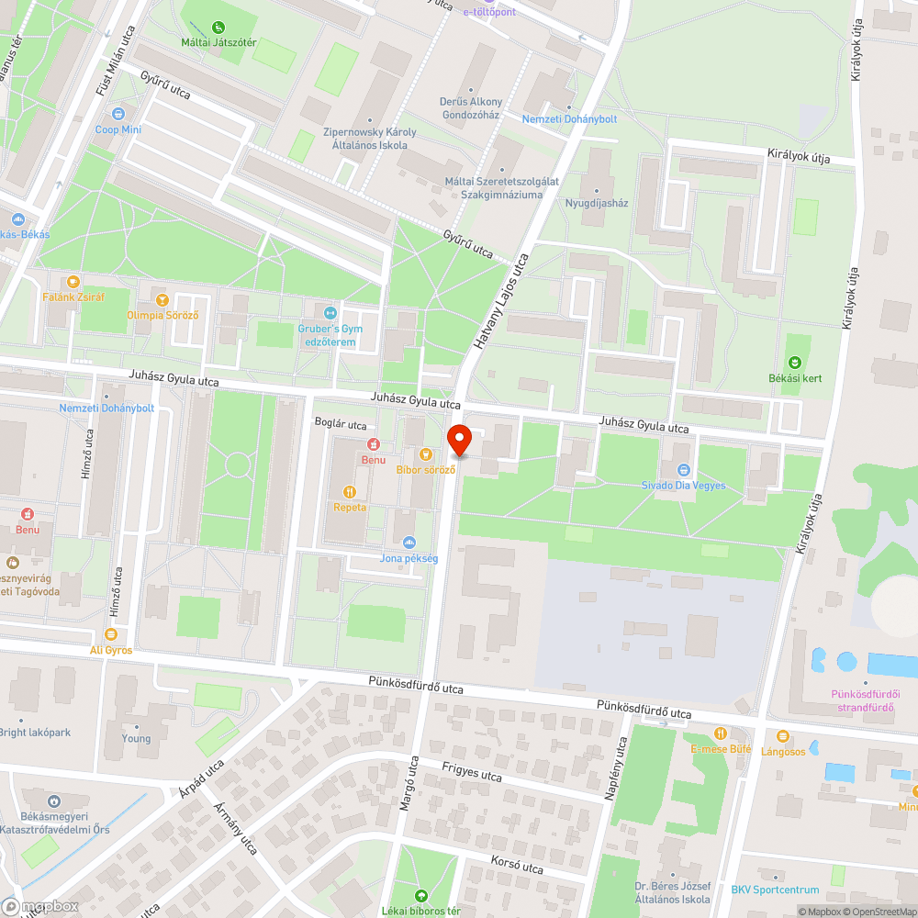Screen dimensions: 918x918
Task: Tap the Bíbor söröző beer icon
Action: point(425,453)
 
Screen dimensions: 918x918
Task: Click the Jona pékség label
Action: point(409,558)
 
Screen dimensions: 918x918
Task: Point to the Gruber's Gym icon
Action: point(330,313)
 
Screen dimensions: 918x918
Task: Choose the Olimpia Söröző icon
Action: point(162,300)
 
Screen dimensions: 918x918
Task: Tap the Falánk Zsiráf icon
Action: point(73,282)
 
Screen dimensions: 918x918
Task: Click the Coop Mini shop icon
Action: point(118,115)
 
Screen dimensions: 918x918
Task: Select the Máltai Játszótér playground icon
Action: point(218,28)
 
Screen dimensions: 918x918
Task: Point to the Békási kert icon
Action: point(794,363)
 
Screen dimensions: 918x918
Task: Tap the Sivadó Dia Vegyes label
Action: point(683,486)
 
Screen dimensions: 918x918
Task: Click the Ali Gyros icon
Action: point(111,634)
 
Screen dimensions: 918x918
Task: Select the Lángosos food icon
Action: point(782,736)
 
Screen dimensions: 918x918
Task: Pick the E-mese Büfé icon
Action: point(721,733)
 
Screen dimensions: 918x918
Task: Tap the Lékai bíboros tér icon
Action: point(421,895)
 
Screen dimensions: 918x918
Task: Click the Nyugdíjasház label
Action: point(597,203)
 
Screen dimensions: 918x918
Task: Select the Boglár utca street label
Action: point(341,425)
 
